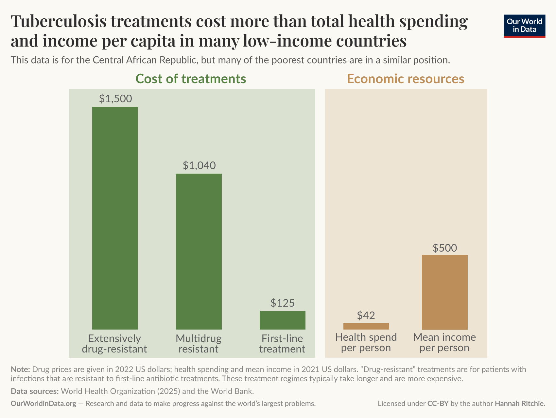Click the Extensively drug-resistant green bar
(115, 218)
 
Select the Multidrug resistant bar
(199, 251)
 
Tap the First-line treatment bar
(282, 320)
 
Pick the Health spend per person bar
(366, 326)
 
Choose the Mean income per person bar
(444, 292)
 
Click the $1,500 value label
(115, 99)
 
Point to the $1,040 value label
(199, 165)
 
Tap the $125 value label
(282, 303)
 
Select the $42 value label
(366, 315)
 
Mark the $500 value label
(444, 248)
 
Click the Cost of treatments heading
(191, 79)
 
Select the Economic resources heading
(405, 79)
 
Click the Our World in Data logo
(524, 26)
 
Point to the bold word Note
(20, 370)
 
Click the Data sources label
(34, 391)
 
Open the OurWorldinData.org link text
(43, 404)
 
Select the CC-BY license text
(438, 404)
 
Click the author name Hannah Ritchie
(520, 404)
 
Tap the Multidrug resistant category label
(199, 343)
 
